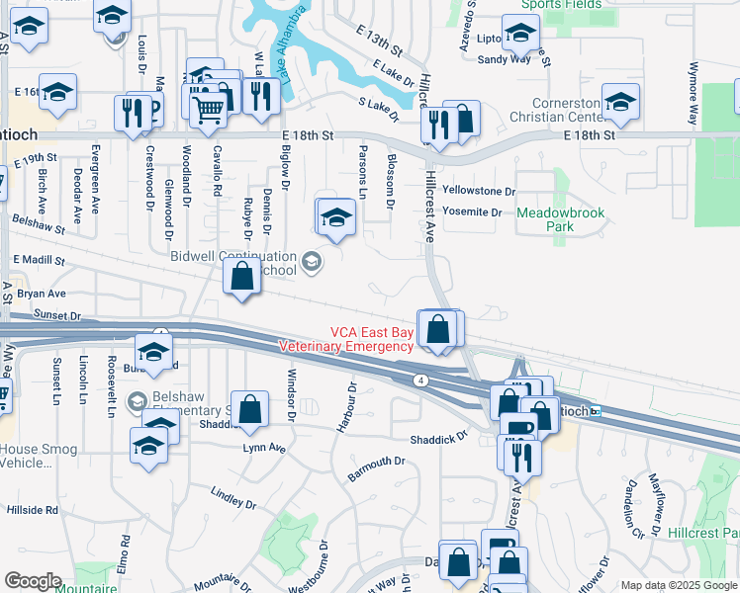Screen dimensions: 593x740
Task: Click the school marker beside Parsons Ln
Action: point(335,218)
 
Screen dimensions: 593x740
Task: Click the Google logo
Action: point(33,581)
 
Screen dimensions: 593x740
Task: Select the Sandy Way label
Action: point(505,59)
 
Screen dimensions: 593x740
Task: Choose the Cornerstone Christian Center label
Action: point(568,111)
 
